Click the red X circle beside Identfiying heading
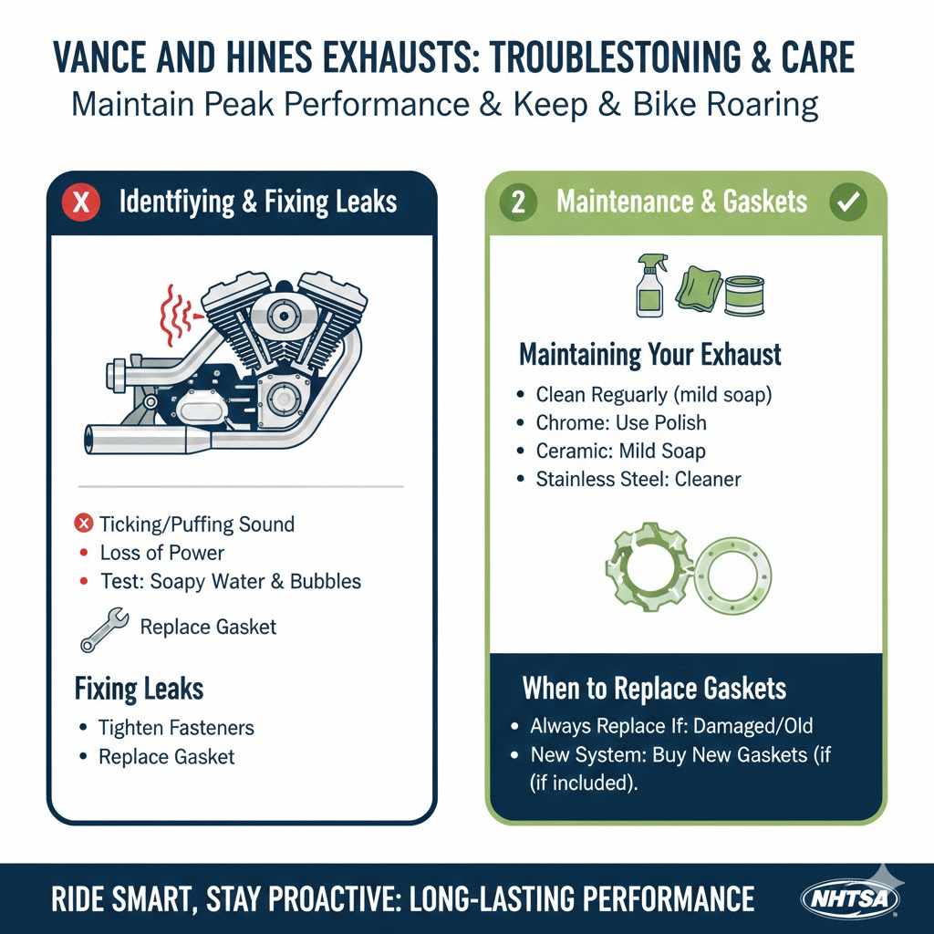82,202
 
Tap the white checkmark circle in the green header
847,202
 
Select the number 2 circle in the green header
519,202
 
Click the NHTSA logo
849,898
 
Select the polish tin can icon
743,297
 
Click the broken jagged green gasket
646,564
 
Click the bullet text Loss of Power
161,553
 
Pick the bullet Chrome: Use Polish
621,422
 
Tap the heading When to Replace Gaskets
654,688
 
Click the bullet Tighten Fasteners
176,727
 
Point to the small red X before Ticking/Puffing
84,524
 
